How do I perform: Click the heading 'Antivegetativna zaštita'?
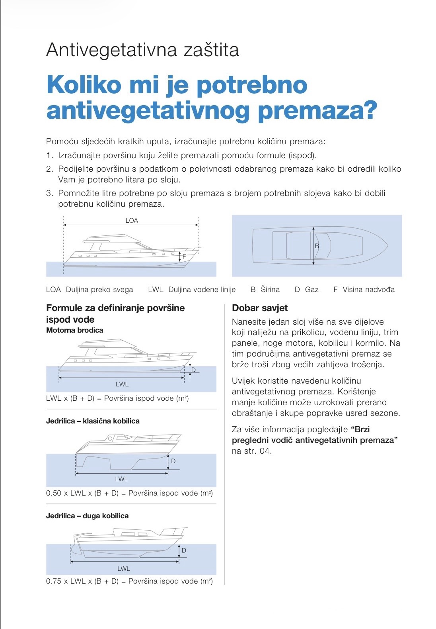tap(142, 50)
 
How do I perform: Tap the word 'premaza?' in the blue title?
tap(317, 111)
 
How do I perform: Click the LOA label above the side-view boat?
tap(132, 220)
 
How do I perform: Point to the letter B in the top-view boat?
tap(317, 246)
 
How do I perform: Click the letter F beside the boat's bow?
tap(184, 257)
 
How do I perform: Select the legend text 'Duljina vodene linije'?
tap(202, 290)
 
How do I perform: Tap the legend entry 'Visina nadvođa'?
tap(368, 290)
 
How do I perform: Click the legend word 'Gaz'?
tap(311, 290)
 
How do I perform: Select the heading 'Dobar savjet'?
tap(260, 308)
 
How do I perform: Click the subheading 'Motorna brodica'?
tap(74, 330)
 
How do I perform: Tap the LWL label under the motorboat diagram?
tap(122, 384)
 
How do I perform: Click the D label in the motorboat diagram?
tap(194, 370)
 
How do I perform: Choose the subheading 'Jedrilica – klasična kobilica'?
tap(93, 421)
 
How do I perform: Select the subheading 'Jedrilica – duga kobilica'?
tap(87, 516)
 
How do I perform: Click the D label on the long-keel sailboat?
tap(184, 551)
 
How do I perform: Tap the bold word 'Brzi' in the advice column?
tap(362, 429)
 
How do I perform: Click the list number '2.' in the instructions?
tap(49, 169)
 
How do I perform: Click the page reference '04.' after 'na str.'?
tap(265, 451)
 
